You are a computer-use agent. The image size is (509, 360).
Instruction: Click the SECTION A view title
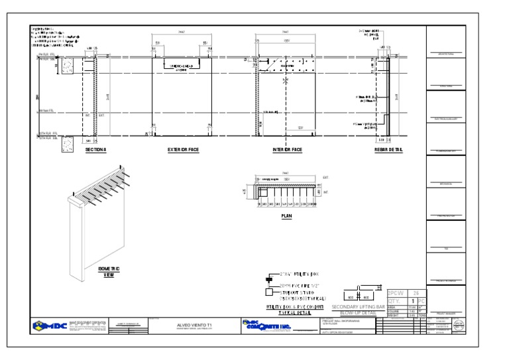[95, 150]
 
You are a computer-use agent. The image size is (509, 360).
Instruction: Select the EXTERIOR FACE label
[183, 150]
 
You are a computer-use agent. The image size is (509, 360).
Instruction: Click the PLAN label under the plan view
[286, 215]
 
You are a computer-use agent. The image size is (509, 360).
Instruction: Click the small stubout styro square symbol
[269, 292]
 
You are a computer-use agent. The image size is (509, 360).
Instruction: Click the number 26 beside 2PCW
[416, 292]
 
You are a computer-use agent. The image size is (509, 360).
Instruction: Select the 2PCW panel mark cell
[395, 292]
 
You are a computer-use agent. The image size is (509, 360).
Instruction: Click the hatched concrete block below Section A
[67, 145]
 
